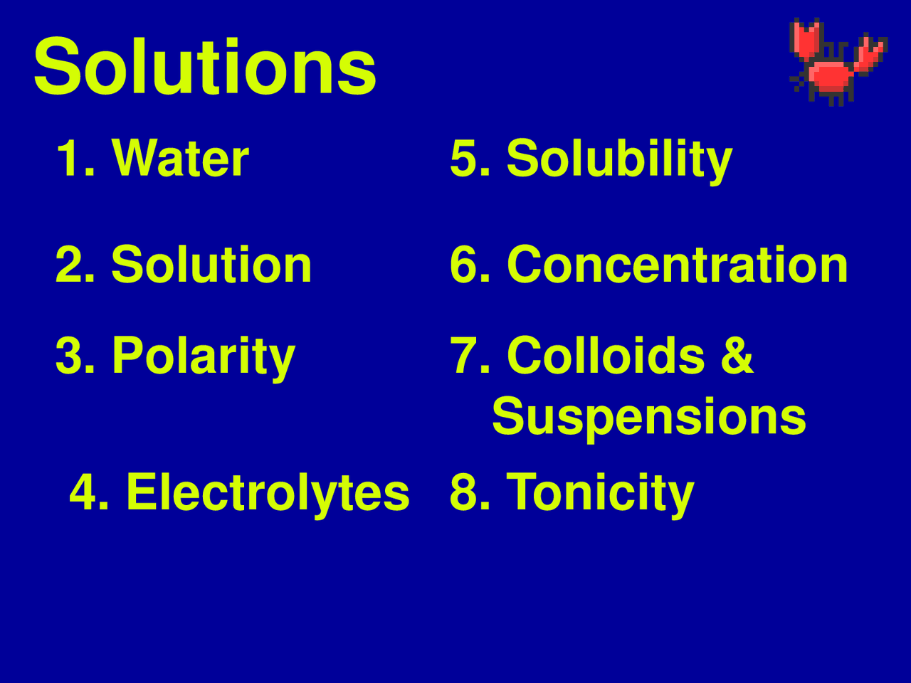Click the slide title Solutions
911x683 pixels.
(x=205, y=67)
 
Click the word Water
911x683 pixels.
(x=181, y=158)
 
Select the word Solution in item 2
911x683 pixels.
(x=211, y=265)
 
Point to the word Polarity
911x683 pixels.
(x=204, y=356)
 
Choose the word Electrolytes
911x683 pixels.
(x=268, y=492)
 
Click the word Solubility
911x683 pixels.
(x=619, y=158)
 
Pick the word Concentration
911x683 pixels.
(x=677, y=265)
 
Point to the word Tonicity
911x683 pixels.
(x=600, y=492)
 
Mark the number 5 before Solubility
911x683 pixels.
(x=463, y=158)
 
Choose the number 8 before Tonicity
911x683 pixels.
(x=463, y=492)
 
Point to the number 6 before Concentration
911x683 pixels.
(x=463, y=265)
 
